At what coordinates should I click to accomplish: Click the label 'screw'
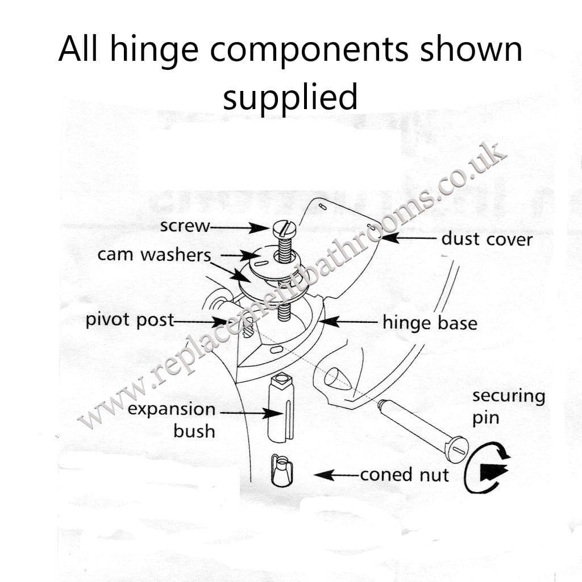185,226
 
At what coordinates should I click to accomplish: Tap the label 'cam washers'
154,255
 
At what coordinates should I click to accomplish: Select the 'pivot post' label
130,320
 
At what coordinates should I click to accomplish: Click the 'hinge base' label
430,323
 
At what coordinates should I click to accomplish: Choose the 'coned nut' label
404,474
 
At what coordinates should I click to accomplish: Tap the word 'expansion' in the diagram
172,409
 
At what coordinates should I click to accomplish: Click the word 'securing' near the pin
508,396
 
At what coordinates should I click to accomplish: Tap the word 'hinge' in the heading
155,49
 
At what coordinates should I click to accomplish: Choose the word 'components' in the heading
310,49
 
